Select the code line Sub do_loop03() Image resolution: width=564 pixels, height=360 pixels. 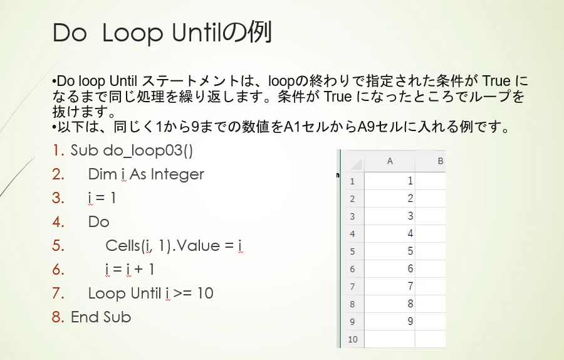[x=132, y=151]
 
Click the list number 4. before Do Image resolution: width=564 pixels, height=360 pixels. [x=58, y=222]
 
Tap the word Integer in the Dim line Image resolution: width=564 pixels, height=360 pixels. [x=178, y=174]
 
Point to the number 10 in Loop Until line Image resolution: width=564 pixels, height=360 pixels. [x=205, y=294]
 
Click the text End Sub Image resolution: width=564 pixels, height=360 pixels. [x=101, y=317]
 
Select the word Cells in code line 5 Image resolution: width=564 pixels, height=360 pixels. [x=122, y=245]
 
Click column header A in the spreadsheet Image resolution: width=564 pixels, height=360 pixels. [x=390, y=161]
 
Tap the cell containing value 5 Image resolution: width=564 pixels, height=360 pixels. [x=390, y=251]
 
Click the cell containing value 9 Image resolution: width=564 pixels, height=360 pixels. [x=390, y=321]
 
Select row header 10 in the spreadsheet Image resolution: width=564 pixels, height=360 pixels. [x=352, y=339]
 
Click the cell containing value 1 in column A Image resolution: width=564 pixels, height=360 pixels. [x=390, y=181]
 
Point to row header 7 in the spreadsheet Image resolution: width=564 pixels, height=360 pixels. [x=352, y=287]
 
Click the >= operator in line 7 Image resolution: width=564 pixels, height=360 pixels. [x=182, y=294]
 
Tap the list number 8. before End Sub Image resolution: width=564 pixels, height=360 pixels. [x=58, y=317]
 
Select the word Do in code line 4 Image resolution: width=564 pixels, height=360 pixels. [x=98, y=222]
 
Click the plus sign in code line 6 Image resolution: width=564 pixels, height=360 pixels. [x=138, y=270]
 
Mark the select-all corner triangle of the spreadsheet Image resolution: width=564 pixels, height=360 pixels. [x=357, y=164]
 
